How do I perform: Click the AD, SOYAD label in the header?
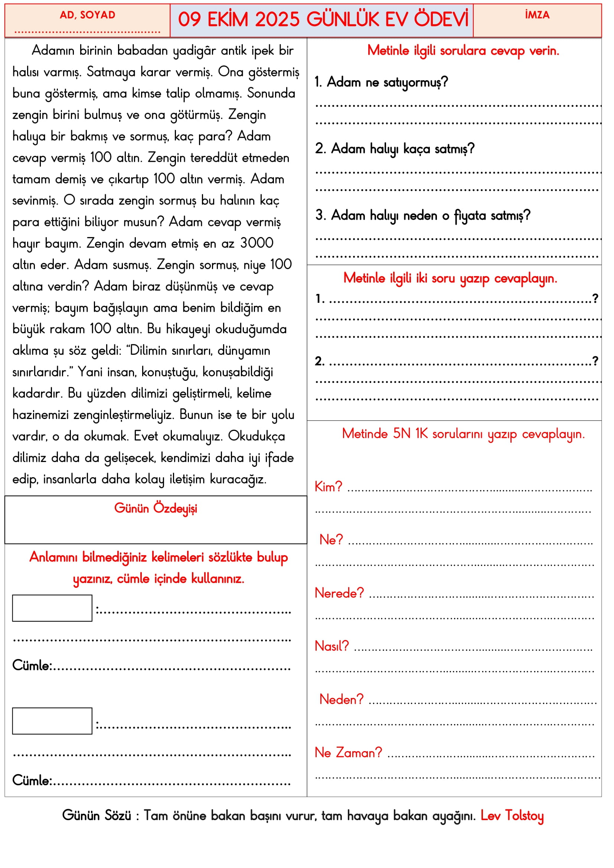point(87,15)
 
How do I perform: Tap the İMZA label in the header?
point(537,15)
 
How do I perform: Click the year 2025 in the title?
point(277,20)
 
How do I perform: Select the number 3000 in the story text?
point(257,243)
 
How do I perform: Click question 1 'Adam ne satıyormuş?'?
point(381,82)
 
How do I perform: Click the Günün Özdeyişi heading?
point(156,508)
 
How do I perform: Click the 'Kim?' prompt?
point(328,487)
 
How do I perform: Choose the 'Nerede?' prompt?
point(339,593)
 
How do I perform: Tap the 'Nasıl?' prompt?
point(332,646)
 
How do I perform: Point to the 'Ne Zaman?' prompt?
point(348,753)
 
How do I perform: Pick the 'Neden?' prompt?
point(341,700)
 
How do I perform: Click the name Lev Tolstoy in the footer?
point(512,815)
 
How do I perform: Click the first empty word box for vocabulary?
point(52,608)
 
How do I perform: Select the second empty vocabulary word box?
point(52,721)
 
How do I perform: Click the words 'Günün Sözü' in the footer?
point(97,815)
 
